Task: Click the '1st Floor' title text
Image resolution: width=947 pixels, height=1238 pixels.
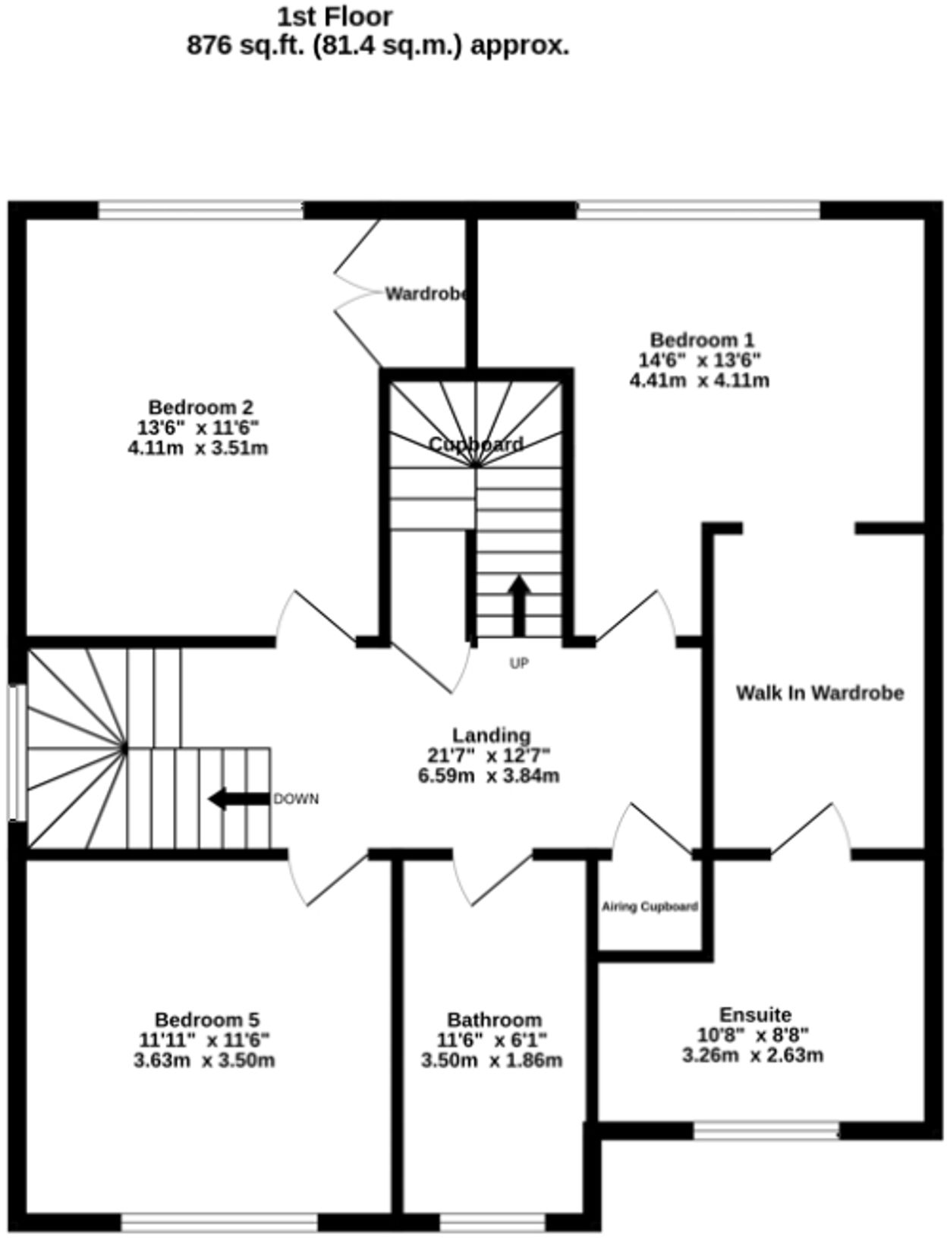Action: pos(335,16)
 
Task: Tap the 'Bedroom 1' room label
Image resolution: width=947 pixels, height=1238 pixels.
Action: pos(701,340)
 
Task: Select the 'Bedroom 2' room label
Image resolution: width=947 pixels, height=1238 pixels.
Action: pos(200,407)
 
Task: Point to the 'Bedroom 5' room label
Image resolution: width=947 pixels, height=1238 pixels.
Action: pos(206,1019)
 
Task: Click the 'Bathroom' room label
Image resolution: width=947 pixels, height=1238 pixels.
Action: pos(494,1020)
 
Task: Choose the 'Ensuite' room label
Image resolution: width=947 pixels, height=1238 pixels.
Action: pos(754,1014)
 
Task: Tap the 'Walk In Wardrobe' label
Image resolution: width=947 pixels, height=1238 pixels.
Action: pos(820,693)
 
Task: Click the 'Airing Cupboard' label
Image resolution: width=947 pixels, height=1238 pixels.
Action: pos(650,907)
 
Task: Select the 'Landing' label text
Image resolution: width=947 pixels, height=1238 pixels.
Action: pos(491,735)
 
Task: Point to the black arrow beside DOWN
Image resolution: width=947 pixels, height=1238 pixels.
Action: pos(238,799)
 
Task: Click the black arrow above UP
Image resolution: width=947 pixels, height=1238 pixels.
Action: pos(519,605)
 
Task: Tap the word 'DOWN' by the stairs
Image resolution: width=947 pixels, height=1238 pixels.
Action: pos(296,800)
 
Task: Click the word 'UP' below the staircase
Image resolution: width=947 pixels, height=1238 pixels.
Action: pos(519,664)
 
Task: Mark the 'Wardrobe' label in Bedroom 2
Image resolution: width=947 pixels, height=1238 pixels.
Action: pos(426,294)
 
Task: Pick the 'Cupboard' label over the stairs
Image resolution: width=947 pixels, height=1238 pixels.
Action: pos(476,445)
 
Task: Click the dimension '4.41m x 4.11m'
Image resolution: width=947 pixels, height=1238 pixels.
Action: pos(699,380)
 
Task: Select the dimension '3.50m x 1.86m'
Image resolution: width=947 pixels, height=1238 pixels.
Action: pos(492,1060)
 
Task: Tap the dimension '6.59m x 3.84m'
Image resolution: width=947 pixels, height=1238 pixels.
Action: pos(489,776)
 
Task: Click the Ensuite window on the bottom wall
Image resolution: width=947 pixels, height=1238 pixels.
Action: pos(766,1131)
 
